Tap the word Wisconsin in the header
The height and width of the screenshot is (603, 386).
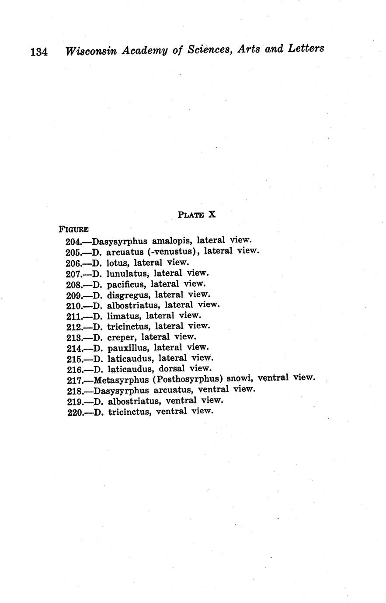click(x=90, y=51)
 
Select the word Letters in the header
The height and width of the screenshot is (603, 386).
click(x=306, y=48)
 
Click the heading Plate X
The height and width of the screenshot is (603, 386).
click(x=197, y=215)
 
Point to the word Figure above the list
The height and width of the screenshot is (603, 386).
click(x=74, y=229)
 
